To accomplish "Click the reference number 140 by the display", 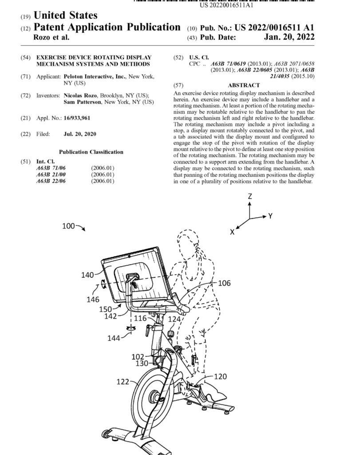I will [x=87, y=275].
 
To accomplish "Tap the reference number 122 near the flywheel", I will [x=123, y=381].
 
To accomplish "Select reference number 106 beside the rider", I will [x=224, y=283].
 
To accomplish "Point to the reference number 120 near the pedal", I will [x=220, y=376].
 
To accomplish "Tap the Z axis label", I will [x=250, y=196].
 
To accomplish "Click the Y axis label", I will [x=270, y=216].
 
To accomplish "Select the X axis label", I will [x=232, y=231].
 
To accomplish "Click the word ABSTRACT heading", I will [x=244, y=85].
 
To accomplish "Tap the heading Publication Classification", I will [x=91, y=152].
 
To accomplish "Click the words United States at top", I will [x=66, y=16].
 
